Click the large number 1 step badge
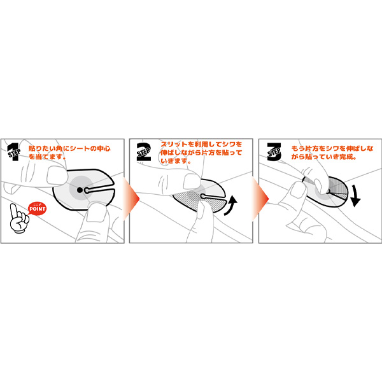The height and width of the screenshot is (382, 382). [14, 152]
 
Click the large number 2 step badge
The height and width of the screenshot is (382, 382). [144, 152]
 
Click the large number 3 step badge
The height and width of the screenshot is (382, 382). [274, 152]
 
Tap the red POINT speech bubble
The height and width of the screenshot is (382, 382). [37, 209]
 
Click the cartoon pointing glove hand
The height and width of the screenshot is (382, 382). [18, 219]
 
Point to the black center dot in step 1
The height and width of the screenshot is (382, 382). [80, 190]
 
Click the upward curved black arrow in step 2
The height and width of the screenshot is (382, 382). [231, 205]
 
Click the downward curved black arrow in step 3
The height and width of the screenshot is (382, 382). [355, 195]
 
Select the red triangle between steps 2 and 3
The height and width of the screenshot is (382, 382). [260, 199]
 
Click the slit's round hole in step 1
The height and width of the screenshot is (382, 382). [87, 190]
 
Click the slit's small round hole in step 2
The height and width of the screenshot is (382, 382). [202, 196]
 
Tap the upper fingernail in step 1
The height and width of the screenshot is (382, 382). [57, 176]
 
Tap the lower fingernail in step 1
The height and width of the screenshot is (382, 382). [96, 213]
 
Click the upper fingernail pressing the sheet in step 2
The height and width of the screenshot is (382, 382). [192, 181]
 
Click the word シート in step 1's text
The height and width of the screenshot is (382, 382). [80, 148]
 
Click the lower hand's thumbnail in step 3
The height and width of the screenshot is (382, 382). [297, 190]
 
